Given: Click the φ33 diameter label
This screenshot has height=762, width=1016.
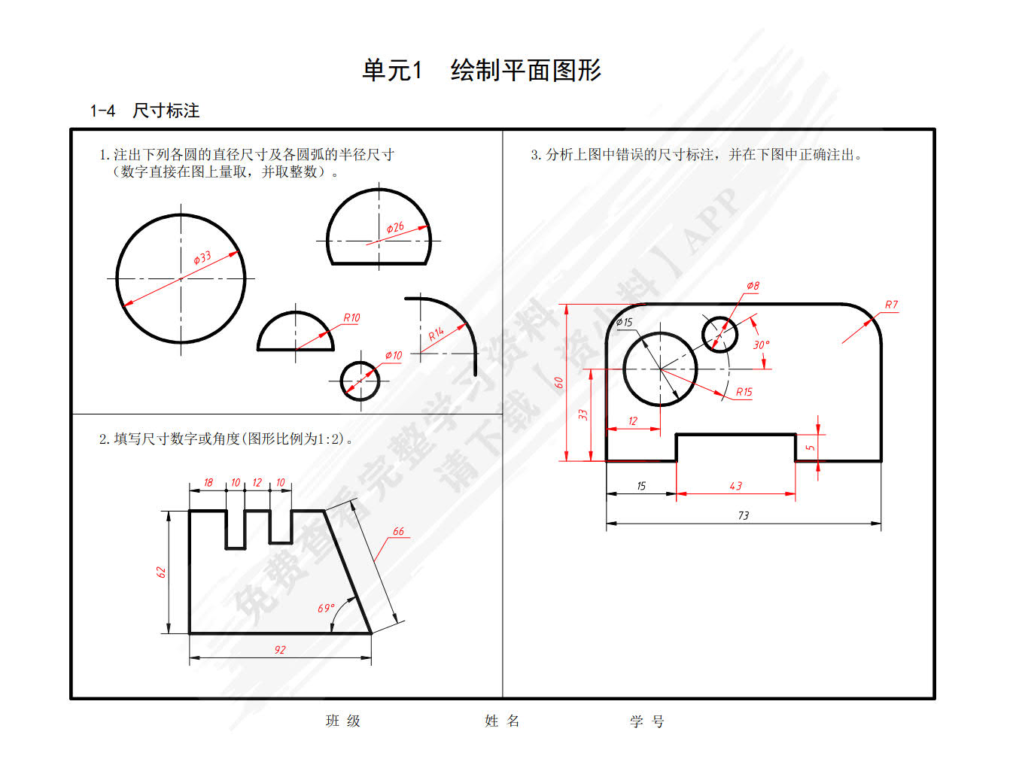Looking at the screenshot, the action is [202, 258].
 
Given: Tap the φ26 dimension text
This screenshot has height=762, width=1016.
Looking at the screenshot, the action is [395, 227].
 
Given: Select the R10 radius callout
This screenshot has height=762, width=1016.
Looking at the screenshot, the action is [351, 317].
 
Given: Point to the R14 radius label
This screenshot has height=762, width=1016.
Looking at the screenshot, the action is [436, 333].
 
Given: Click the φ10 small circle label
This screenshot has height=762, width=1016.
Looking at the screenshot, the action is [394, 355].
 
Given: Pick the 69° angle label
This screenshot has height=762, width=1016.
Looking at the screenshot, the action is [326, 608].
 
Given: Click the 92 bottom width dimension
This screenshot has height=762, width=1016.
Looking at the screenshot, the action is [280, 650].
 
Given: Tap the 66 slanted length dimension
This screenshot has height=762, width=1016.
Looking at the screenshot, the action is [398, 531].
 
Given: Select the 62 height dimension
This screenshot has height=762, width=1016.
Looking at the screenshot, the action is [160, 572].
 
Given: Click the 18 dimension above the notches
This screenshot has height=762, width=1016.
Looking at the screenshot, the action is [208, 483].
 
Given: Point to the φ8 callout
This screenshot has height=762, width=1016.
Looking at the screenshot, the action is [753, 285].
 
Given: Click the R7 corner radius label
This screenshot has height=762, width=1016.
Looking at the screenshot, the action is [891, 305].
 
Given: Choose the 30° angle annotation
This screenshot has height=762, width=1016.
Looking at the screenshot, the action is [761, 345].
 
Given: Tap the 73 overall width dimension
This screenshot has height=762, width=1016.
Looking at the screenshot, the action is [744, 515].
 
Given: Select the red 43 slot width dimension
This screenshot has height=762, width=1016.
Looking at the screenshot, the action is [735, 486].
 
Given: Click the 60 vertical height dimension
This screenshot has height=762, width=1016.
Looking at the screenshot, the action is [558, 383].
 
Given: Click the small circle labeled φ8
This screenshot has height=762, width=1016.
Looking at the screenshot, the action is [719, 317].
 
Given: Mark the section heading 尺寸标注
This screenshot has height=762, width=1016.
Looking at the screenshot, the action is [166, 111].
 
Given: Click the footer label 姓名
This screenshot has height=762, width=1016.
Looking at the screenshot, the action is [502, 721].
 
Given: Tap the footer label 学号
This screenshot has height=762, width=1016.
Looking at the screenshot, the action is [646, 721].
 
